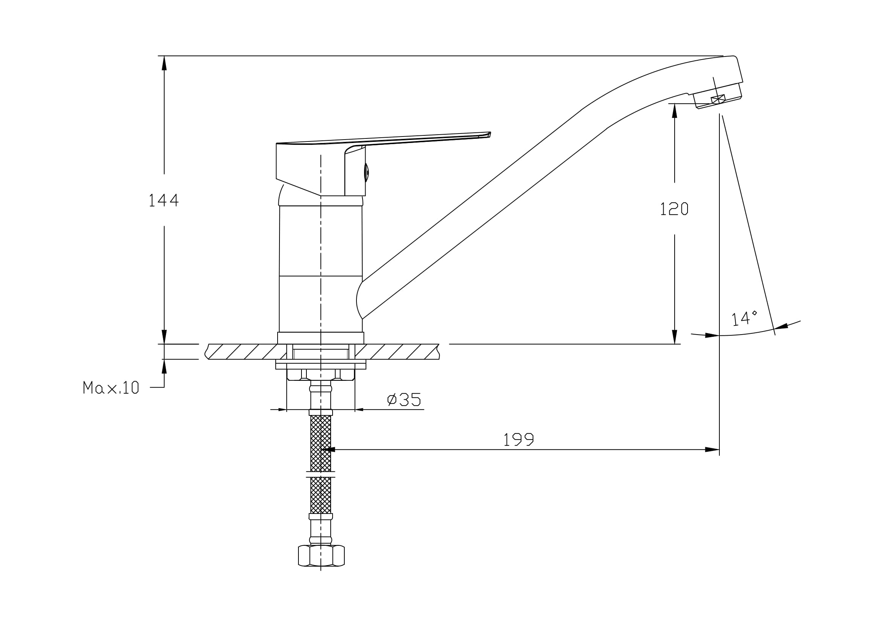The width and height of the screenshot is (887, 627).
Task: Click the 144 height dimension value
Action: coord(164,200)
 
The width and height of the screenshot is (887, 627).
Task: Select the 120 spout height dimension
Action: coord(674,209)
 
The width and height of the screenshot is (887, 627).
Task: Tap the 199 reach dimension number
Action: coord(518,439)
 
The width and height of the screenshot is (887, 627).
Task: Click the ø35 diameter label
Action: coord(404,399)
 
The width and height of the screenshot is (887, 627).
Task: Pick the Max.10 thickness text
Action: coord(111,387)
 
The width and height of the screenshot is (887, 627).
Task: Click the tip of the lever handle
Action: coord(490,134)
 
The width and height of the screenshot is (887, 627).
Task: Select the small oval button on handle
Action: coord(366,172)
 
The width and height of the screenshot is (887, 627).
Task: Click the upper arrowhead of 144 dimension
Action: coord(164,63)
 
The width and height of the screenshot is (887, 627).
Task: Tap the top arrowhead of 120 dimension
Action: coord(675,110)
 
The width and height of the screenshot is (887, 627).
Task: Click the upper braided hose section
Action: coord(321,443)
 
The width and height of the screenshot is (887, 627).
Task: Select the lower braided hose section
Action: coord(321,495)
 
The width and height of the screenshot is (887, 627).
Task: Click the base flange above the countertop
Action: coord(321,338)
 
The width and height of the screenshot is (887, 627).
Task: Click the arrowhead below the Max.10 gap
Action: coord(164,366)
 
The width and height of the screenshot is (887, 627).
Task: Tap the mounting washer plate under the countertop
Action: coord(321,365)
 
